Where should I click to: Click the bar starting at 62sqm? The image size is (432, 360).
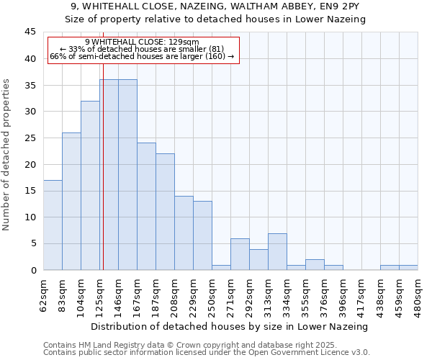(x=53, y=225)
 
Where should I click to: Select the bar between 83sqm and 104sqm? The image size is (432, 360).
(x=71, y=202)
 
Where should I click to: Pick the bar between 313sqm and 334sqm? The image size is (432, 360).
(x=277, y=252)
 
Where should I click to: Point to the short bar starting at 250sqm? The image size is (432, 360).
(x=221, y=267)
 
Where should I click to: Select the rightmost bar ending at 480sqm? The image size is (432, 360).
(x=408, y=267)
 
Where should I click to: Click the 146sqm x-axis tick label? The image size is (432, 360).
(x=118, y=295)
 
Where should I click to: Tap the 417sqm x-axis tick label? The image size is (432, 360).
(x=361, y=295)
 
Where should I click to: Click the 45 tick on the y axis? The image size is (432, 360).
(x=30, y=32)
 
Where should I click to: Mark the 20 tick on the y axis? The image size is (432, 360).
(x=30, y=164)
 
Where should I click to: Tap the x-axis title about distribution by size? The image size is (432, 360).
(x=230, y=326)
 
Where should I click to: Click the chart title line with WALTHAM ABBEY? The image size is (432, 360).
(x=220, y=6)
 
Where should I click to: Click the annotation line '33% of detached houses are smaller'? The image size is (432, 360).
(x=140, y=49)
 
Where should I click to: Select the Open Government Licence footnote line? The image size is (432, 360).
(x=207, y=353)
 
